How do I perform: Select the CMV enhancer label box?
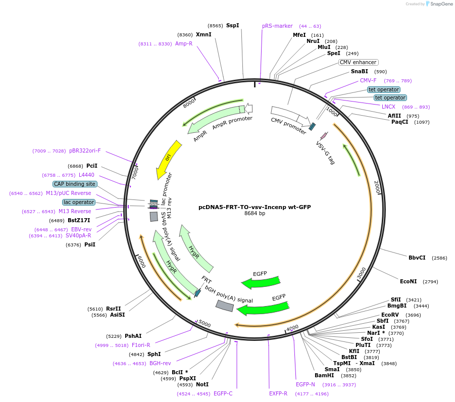coord(358,62)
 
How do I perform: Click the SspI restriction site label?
coord(232,25)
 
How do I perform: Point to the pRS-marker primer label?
coord(277,26)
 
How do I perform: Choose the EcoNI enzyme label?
coord(408,281)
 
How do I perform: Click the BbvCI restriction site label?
coord(417,258)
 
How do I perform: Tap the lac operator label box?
coord(79,202)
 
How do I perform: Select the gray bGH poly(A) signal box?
coord(225,306)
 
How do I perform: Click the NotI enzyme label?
coord(203,385)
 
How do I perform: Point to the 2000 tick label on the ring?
coord(376,187)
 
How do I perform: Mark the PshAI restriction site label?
coord(133,336)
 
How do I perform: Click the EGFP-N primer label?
coord(305,384)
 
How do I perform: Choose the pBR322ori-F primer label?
coord(85,150)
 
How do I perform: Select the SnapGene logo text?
coord(439,4)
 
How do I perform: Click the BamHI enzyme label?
coord(324,375)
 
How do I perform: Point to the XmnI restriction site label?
coord(204,34)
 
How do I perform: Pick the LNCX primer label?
coord(388,107)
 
